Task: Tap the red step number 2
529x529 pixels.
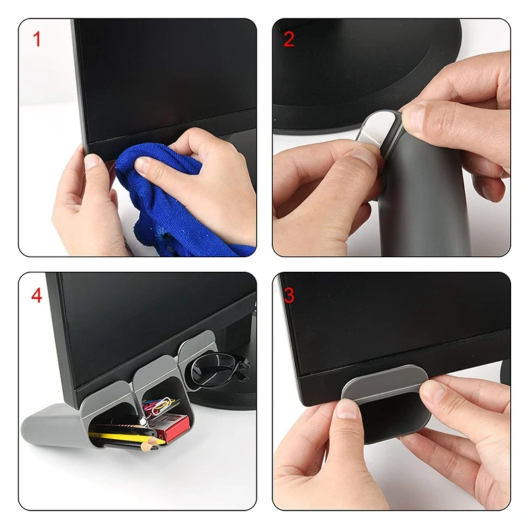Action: coord(289,40)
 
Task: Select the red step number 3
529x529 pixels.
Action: coord(289,295)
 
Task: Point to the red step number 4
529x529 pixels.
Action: coord(37,295)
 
